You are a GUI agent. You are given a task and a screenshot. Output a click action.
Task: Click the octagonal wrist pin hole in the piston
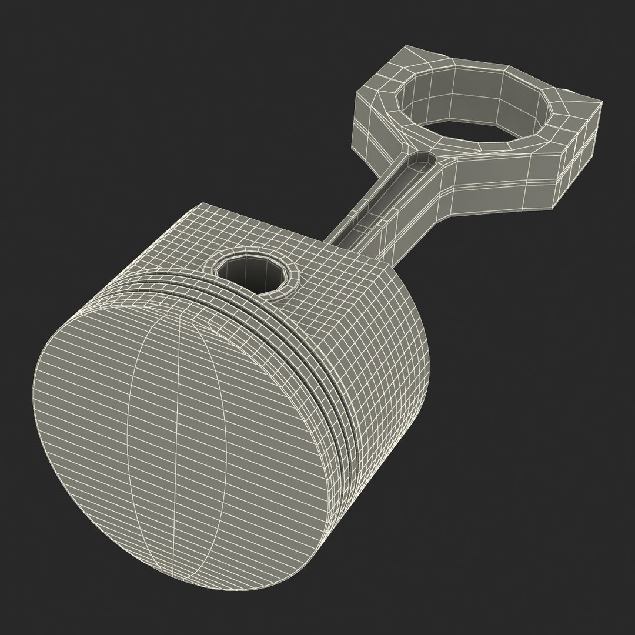pos(255,272)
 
